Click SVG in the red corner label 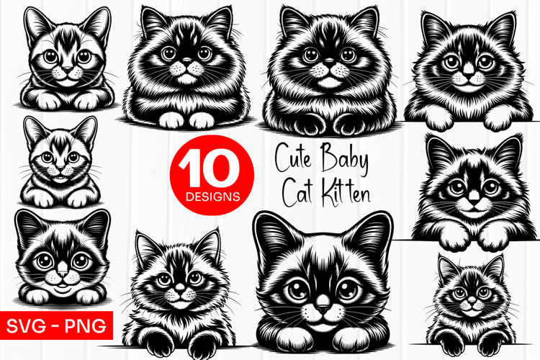pos(29,325)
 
